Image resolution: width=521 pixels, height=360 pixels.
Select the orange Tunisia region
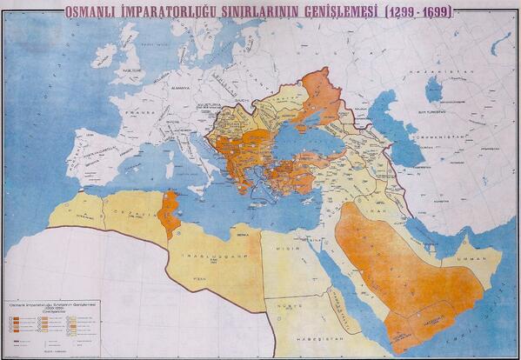click(169, 214)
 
